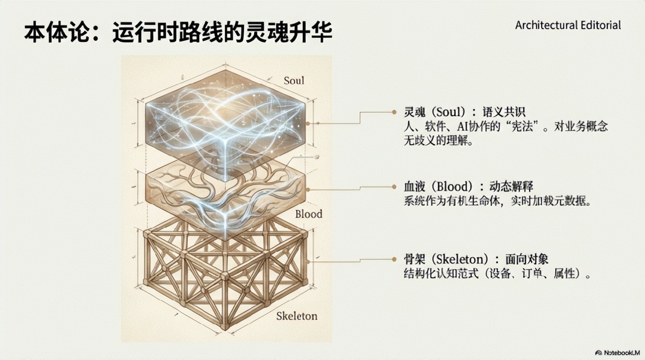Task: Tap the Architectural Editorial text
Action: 568,25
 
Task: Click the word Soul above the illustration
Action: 294,80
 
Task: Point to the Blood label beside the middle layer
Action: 308,214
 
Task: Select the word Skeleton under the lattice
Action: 297,316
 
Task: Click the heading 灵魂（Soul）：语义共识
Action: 465,112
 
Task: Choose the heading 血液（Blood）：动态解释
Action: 468,186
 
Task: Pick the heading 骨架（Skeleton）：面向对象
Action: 476,259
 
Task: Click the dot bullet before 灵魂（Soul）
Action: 394,112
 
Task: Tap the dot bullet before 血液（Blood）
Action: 394,187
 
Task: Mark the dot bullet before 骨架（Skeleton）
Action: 394,259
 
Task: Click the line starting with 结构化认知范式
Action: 497,274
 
